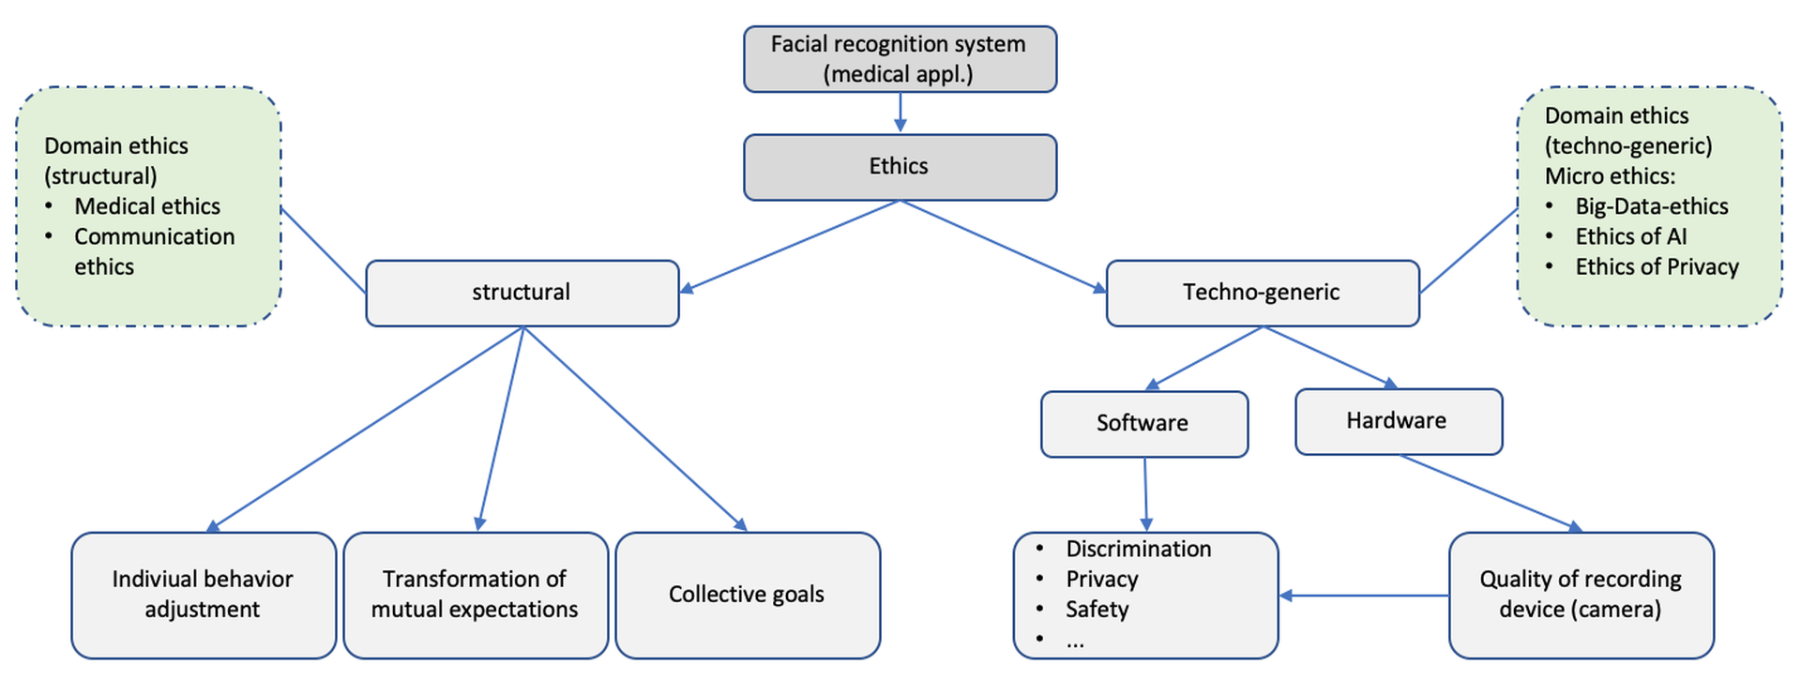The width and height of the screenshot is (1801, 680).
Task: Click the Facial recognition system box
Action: (x=900, y=59)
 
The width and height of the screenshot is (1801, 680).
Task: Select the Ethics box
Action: (x=900, y=167)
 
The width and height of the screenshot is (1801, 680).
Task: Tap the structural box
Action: (x=522, y=293)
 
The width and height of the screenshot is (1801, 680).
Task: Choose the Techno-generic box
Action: (x=1262, y=293)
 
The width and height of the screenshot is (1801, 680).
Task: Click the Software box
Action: (x=1143, y=424)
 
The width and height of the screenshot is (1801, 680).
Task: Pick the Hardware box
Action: (x=1398, y=421)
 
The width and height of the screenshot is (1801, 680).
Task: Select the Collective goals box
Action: (x=747, y=595)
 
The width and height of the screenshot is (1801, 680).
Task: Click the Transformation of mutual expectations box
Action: (x=476, y=595)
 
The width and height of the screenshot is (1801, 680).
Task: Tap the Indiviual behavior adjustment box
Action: (x=204, y=595)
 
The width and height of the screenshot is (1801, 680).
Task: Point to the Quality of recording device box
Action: (x=1581, y=595)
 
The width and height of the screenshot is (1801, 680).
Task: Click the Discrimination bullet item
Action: (x=1138, y=550)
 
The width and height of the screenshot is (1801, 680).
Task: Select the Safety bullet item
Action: (x=1097, y=610)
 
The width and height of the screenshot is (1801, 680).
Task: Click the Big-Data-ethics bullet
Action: (x=1651, y=206)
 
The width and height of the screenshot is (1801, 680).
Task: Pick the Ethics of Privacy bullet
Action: (x=1657, y=267)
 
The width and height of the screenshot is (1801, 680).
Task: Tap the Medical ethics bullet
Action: (x=147, y=206)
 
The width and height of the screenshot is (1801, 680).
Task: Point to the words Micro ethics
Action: (x=1610, y=176)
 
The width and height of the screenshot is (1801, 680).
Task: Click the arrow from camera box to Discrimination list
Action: (x=1364, y=596)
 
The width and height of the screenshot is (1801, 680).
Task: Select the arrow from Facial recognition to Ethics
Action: (x=900, y=113)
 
